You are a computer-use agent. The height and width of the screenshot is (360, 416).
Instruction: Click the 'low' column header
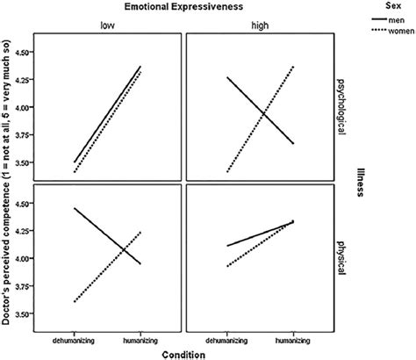click(x=106, y=26)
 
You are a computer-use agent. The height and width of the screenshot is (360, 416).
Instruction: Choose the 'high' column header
click(x=261, y=26)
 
